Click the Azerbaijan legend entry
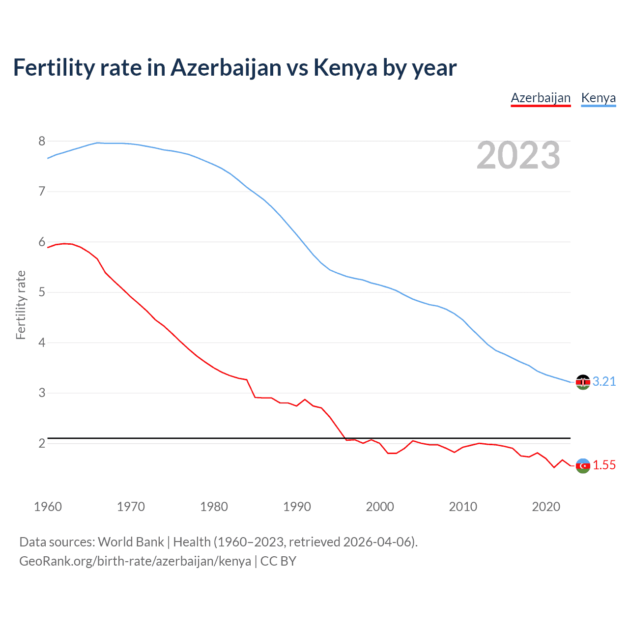point(541,98)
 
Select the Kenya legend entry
point(598,98)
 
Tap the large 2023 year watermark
point(518,155)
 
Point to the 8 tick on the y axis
point(42,142)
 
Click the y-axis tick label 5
point(42,292)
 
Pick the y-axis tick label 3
point(42,393)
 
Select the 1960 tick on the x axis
point(48,507)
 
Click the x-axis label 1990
point(297,507)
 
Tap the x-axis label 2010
point(463,507)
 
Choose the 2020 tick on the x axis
point(546,507)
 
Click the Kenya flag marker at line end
point(583,382)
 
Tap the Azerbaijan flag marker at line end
point(583,465)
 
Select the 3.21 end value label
point(604,382)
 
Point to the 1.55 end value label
point(604,465)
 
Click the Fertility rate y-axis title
point(21,305)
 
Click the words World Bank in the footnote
point(131,542)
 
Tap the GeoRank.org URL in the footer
point(135,561)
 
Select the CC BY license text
point(278,561)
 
